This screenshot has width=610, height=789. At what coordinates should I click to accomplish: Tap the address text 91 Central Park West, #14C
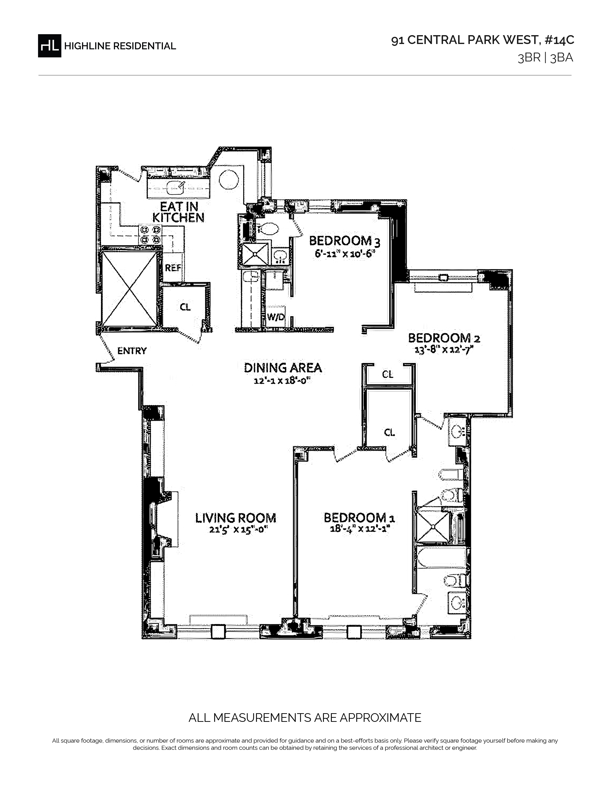click(482, 40)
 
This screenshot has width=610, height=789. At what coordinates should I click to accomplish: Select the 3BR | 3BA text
click(545, 58)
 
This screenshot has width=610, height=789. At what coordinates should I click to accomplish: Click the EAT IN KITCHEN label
click(178, 212)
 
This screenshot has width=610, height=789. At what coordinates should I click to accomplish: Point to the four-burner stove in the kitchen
click(150, 234)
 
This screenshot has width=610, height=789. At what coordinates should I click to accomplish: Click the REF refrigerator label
click(173, 268)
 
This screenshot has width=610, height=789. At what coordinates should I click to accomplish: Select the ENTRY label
click(132, 351)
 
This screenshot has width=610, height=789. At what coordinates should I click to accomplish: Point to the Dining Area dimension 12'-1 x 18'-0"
click(283, 380)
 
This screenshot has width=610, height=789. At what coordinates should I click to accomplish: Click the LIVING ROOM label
click(236, 518)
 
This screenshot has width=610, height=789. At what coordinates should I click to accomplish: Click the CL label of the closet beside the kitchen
click(185, 307)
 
